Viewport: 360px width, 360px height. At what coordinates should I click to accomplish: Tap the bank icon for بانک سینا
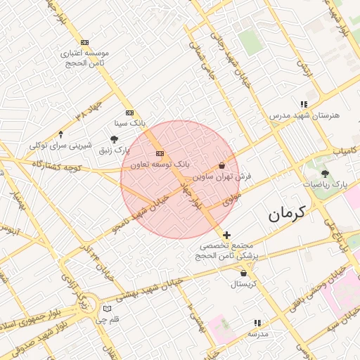click(x=129, y=112)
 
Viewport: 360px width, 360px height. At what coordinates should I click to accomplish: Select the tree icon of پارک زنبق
click(x=115, y=139)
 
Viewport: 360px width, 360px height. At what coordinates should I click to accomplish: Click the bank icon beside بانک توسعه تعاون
click(x=160, y=153)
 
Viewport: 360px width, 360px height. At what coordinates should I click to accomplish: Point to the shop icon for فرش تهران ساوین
click(x=222, y=165)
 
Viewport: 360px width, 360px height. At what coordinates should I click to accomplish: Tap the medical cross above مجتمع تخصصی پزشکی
click(x=226, y=235)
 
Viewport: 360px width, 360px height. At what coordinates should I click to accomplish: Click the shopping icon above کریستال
click(x=244, y=273)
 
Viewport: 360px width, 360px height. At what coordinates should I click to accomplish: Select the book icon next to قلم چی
click(x=107, y=309)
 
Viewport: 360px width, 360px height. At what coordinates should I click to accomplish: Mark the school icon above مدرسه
click(x=257, y=323)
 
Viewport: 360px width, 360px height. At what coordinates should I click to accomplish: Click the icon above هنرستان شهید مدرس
click(x=304, y=103)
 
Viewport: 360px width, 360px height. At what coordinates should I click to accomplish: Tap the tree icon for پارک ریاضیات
click(x=325, y=173)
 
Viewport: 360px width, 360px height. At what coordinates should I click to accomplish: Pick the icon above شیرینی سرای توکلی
click(x=60, y=134)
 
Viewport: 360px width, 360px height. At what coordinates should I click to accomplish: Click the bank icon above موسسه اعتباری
click(x=85, y=42)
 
